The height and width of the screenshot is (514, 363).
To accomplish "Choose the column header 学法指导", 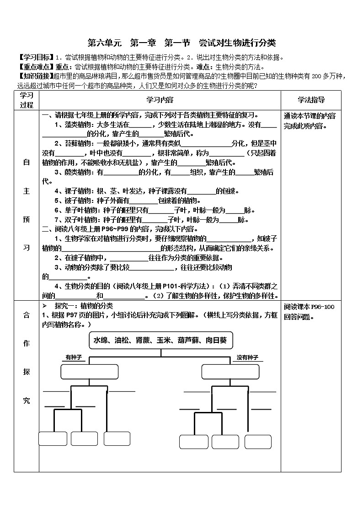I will (x=311, y=100).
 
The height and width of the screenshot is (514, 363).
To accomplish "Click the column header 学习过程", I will (x=27, y=100).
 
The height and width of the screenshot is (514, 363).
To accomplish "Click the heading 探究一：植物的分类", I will (x=84, y=306).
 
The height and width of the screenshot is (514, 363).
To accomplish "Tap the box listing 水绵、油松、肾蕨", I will (x=160, y=341).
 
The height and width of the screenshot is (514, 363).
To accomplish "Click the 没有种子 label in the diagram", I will (x=247, y=357).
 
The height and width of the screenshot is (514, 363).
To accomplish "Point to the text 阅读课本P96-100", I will (x=309, y=307).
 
